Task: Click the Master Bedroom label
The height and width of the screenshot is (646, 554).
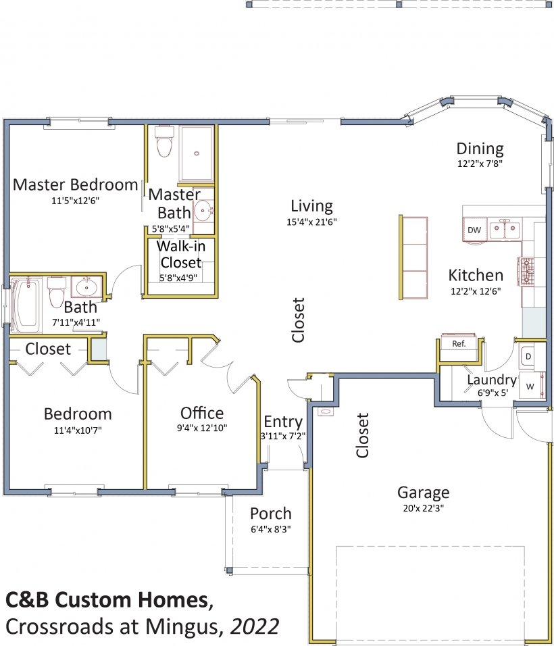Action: pyautogui.click(x=76, y=184)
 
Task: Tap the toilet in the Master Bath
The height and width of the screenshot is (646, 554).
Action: pyautogui.click(x=164, y=141)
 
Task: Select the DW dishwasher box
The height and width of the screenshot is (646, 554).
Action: pyautogui.click(x=474, y=230)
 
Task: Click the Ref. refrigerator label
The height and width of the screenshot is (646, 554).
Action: pyautogui.click(x=459, y=343)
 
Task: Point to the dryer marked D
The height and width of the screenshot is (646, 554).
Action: pyautogui.click(x=528, y=356)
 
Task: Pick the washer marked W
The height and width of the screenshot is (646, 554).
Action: pyautogui.click(x=530, y=386)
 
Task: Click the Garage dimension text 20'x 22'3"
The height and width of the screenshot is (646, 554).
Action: pyautogui.click(x=424, y=508)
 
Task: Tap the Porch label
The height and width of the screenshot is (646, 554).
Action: pyautogui.click(x=271, y=514)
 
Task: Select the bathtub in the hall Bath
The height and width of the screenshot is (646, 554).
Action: pyautogui.click(x=26, y=305)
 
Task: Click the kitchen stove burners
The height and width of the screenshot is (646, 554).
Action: pyautogui.click(x=527, y=271)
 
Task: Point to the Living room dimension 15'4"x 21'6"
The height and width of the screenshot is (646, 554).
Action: pyautogui.click(x=312, y=222)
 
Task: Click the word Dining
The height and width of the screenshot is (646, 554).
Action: pyautogui.click(x=480, y=149)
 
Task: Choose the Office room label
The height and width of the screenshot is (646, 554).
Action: pyautogui.click(x=202, y=413)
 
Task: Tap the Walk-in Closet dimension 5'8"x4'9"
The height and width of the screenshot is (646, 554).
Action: pyautogui.click(x=178, y=278)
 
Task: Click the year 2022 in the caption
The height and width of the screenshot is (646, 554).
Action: pyautogui.click(x=255, y=626)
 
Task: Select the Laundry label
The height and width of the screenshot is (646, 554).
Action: pyautogui.click(x=492, y=380)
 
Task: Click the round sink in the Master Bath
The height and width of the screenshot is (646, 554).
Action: pyautogui.click(x=203, y=212)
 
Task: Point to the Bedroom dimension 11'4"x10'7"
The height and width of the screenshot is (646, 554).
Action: pyautogui.click(x=78, y=430)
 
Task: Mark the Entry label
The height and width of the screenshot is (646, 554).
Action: pyautogui.click(x=283, y=422)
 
